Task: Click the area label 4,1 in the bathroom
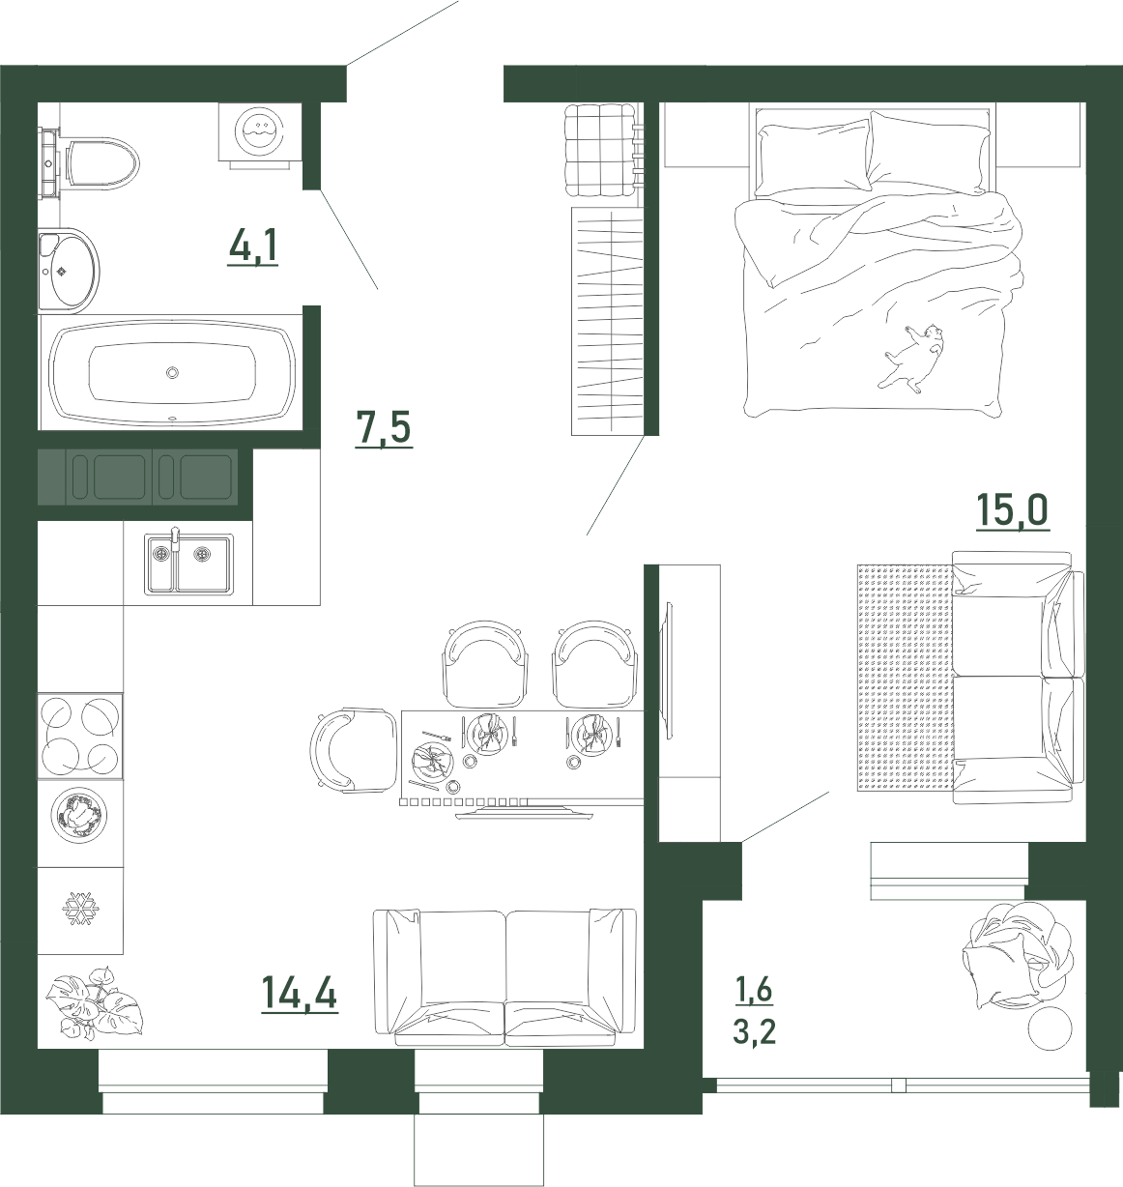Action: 253,247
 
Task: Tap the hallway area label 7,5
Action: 384,429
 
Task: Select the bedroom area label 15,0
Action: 1013,510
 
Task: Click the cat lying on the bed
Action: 911,358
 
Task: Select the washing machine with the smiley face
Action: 260,132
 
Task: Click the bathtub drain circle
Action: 173,372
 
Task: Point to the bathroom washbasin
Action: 68,271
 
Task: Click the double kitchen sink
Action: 188,564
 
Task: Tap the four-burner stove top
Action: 80,736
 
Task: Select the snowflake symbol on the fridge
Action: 80,908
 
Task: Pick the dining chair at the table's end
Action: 353,750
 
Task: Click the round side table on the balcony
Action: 1051,1028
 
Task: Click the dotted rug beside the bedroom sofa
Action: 905,677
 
